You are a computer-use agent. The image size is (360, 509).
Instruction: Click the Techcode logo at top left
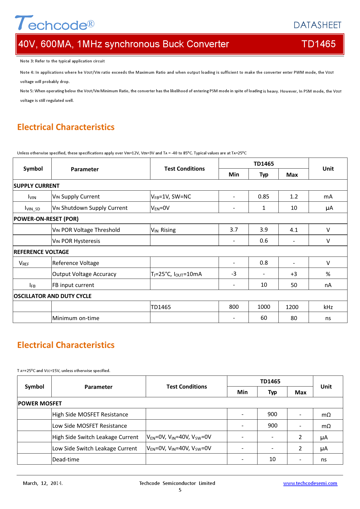pos(55,23)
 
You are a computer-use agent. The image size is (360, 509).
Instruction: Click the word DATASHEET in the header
pos(317,25)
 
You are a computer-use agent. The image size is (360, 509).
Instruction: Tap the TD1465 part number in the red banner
pos(318,44)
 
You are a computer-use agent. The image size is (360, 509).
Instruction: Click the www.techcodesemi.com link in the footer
pos(310,483)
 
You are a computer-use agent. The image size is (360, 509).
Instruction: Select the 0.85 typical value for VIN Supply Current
pos(264,196)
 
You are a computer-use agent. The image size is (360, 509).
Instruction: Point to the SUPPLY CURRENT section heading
pos(37,186)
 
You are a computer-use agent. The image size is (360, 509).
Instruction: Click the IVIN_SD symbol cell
pos(32,208)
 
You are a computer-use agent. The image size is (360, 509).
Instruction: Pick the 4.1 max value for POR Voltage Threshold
pos(294,230)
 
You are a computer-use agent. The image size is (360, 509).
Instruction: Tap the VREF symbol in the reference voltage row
pos(24,263)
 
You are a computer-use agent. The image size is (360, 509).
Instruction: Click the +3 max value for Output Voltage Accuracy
pos(294,274)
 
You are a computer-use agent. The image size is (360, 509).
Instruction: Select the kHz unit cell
pos(328,307)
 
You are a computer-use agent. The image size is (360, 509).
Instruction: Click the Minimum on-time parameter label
pos(76,318)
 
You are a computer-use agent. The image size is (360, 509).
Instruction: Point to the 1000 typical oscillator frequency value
pos(264,307)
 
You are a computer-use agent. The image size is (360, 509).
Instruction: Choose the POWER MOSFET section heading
pos(40,403)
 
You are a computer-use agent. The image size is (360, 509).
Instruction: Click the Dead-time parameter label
pos(66,459)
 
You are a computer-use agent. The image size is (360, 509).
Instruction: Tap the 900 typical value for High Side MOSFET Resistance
pos(272,414)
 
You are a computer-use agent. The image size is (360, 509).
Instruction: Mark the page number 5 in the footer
pos(180,490)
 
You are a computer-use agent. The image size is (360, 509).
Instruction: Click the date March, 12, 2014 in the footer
pos(43,483)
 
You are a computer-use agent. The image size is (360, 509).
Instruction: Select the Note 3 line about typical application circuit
pos(62,61)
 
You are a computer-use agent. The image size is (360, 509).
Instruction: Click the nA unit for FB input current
pos(328,285)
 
